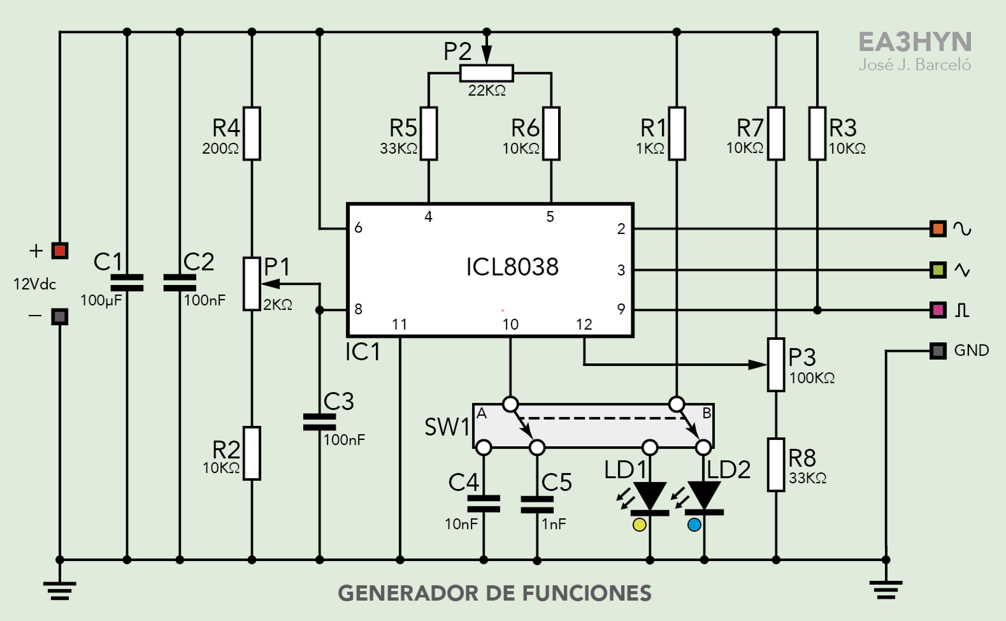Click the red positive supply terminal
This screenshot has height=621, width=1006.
coord(60,251)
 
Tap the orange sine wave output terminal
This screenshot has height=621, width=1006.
coord(938,229)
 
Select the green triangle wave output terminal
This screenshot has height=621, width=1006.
coord(938,270)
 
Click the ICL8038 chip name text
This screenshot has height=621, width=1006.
coord(512,267)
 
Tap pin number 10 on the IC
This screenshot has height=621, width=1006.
coord(510,325)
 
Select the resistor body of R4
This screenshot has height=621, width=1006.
coord(252,134)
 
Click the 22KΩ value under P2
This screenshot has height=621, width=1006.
coord(487,90)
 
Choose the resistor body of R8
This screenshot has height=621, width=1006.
coord(776,464)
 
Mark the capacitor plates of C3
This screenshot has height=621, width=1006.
coord(319,422)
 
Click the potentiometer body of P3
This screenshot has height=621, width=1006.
coord(776,364)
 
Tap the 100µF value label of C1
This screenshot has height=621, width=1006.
coord(101,300)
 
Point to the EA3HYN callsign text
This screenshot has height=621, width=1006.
coord(915,42)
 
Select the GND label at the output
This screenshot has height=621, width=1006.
coord(971,350)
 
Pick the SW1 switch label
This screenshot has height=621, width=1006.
coord(447,427)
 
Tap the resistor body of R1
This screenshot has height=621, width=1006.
coord(677,134)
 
